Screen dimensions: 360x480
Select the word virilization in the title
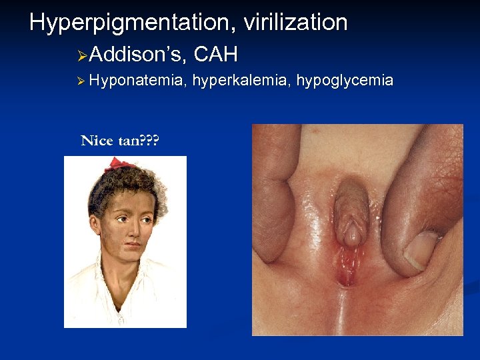click(x=295, y=23)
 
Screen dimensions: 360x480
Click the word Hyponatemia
click(x=137, y=81)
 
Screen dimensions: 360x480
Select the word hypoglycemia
click(x=345, y=81)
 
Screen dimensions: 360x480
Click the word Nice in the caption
click(x=97, y=141)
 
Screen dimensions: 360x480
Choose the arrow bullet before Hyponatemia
click(x=81, y=81)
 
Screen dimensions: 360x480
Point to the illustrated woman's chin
click(x=131, y=252)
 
